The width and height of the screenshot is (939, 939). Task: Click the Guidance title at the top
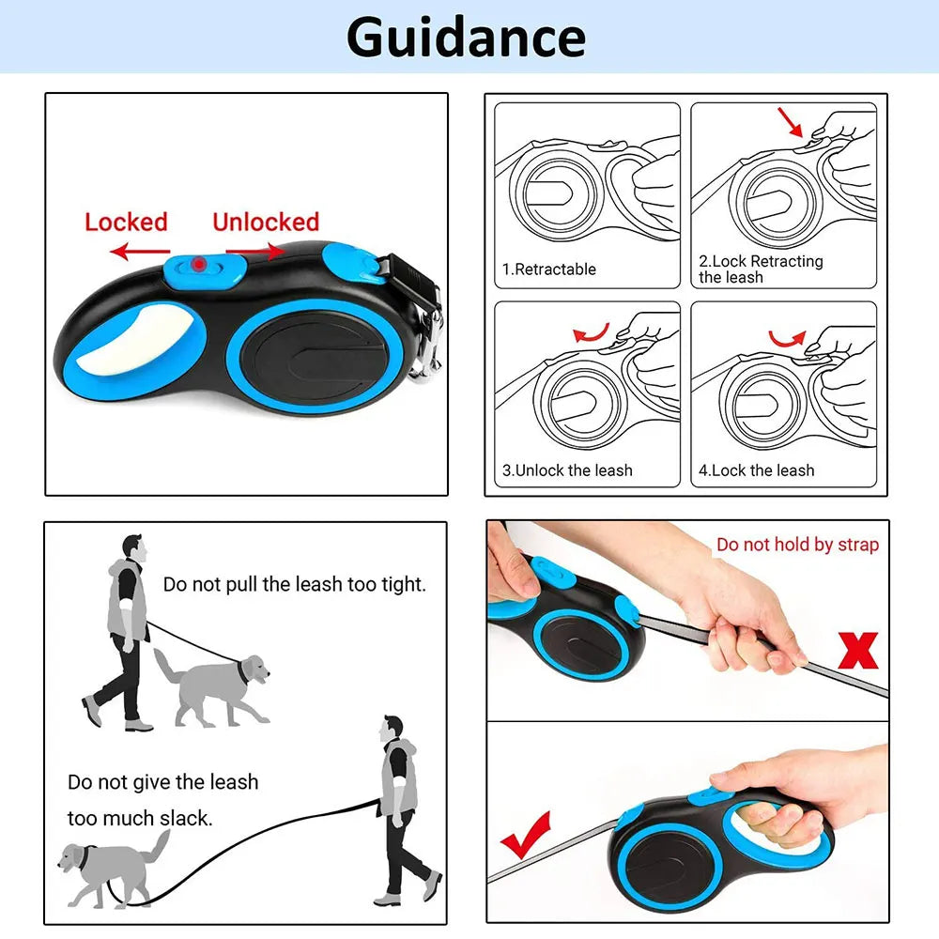pos(466,38)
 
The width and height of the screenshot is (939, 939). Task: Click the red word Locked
pos(126,223)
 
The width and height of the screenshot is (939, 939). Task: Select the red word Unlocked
pos(266,223)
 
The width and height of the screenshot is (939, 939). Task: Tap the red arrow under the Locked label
pos(140,251)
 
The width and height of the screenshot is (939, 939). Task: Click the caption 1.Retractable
pos(549,269)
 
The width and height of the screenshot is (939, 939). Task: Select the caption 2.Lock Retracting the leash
pos(761,269)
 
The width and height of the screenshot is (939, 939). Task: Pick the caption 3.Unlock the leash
pos(567,470)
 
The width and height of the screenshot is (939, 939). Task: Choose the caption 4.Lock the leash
pos(756,470)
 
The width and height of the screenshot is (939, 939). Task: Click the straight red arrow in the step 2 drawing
pos(790,122)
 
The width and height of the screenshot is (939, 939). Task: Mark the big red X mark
pos(858,651)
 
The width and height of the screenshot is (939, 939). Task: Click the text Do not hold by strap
pos(797,545)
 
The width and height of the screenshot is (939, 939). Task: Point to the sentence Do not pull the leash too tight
pos(295,584)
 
